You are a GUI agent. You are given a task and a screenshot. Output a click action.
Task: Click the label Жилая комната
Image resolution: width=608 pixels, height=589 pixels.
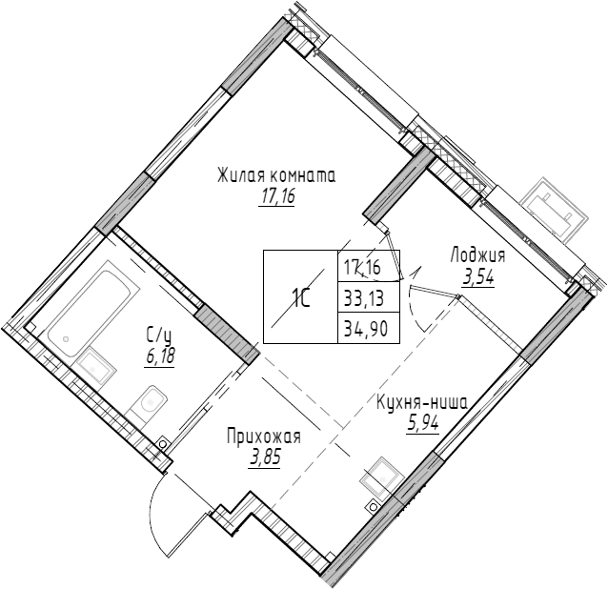click(x=276, y=177)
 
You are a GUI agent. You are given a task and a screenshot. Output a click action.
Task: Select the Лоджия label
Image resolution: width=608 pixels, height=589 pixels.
click(x=477, y=255)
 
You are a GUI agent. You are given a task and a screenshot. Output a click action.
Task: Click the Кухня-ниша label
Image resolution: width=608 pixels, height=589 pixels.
click(x=421, y=402)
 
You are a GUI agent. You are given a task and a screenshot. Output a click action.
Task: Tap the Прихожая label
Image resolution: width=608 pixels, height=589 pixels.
click(x=264, y=437)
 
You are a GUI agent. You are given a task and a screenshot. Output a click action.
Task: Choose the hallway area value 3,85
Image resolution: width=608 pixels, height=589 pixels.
click(x=264, y=457)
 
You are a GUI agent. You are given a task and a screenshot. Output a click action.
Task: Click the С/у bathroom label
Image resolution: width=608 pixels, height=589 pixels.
click(x=158, y=335)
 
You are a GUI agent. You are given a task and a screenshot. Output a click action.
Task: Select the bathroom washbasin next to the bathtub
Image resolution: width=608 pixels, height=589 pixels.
click(x=94, y=364)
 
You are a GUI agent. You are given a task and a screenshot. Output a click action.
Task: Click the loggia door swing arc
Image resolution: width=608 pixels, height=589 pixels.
click(x=412, y=305)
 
